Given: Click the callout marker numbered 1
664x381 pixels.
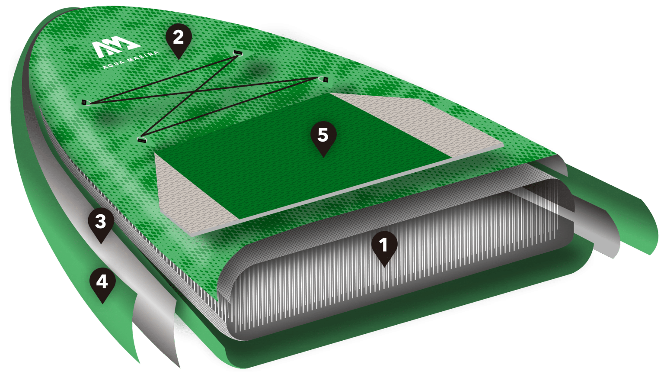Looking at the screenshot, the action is [384, 248].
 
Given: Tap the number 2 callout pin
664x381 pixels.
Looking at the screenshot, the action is [179, 40].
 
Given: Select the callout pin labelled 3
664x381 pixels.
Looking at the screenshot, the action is [101, 224].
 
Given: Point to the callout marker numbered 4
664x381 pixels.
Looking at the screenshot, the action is [102, 284].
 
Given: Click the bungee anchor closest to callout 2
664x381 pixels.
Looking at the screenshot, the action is [238, 53].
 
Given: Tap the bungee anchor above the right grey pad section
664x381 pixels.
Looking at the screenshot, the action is [323, 79].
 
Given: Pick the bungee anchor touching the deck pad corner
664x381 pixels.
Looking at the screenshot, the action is [142, 139].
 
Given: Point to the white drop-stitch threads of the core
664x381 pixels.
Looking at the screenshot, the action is [385, 267].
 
